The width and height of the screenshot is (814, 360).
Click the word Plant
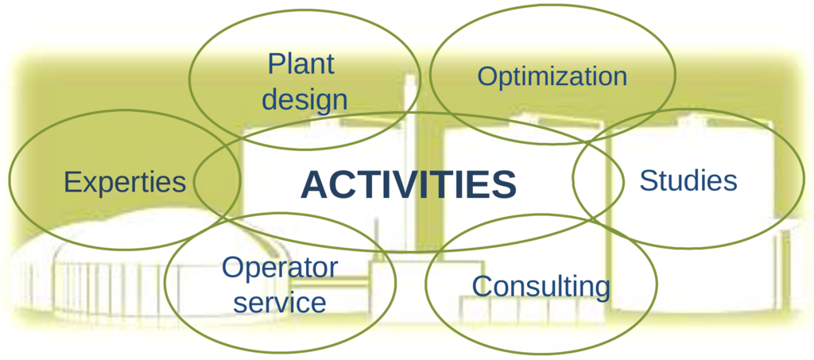301,64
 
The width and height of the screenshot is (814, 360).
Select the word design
304,99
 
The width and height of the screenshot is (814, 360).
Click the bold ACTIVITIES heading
409,184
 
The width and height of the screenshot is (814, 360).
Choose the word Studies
688,180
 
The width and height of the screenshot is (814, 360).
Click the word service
280,302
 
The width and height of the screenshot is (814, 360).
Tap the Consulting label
541,287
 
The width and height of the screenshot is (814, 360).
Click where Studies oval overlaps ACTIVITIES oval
598,177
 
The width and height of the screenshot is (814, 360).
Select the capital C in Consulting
483,285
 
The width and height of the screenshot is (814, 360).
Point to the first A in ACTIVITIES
315,184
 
